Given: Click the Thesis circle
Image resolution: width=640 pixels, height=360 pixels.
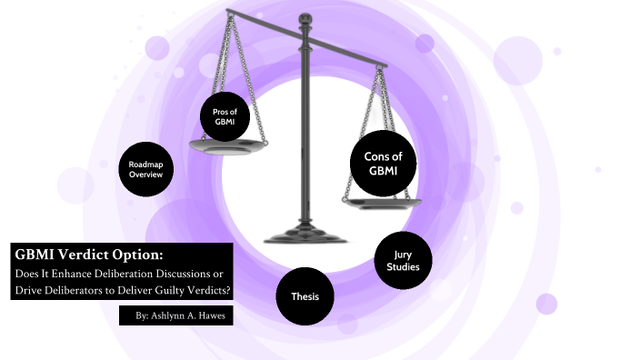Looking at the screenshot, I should click(x=305, y=296).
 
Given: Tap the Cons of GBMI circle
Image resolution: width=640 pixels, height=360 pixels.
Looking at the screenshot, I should click(x=383, y=164).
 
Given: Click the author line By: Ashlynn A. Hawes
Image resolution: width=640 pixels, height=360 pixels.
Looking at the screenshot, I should click(x=175, y=315).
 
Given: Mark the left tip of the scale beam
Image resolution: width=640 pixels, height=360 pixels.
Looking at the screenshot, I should click(x=228, y=11).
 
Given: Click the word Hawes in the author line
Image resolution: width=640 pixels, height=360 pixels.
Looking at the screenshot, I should click(x=208, y=315).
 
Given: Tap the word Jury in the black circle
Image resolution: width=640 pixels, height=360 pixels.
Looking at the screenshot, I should click(x=402, y=256).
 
